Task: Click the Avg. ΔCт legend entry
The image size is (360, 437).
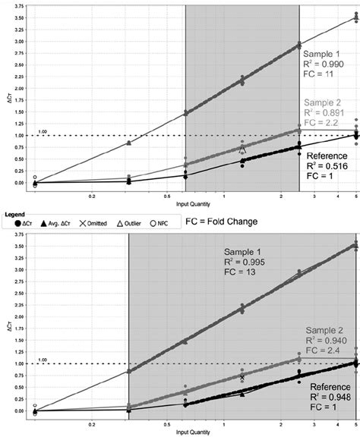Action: coord(66,223)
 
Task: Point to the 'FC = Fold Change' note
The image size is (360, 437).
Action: coord(221,222)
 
